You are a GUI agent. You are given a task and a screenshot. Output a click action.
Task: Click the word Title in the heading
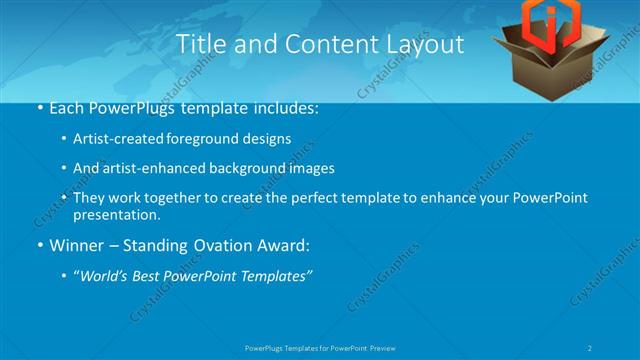[199, 45]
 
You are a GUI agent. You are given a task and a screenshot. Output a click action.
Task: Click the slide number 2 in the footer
[591, 347]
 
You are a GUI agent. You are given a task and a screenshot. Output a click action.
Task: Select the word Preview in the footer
[388, 347]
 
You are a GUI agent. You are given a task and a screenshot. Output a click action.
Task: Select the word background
[241, 169]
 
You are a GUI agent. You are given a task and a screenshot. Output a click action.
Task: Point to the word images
[310, 169]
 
